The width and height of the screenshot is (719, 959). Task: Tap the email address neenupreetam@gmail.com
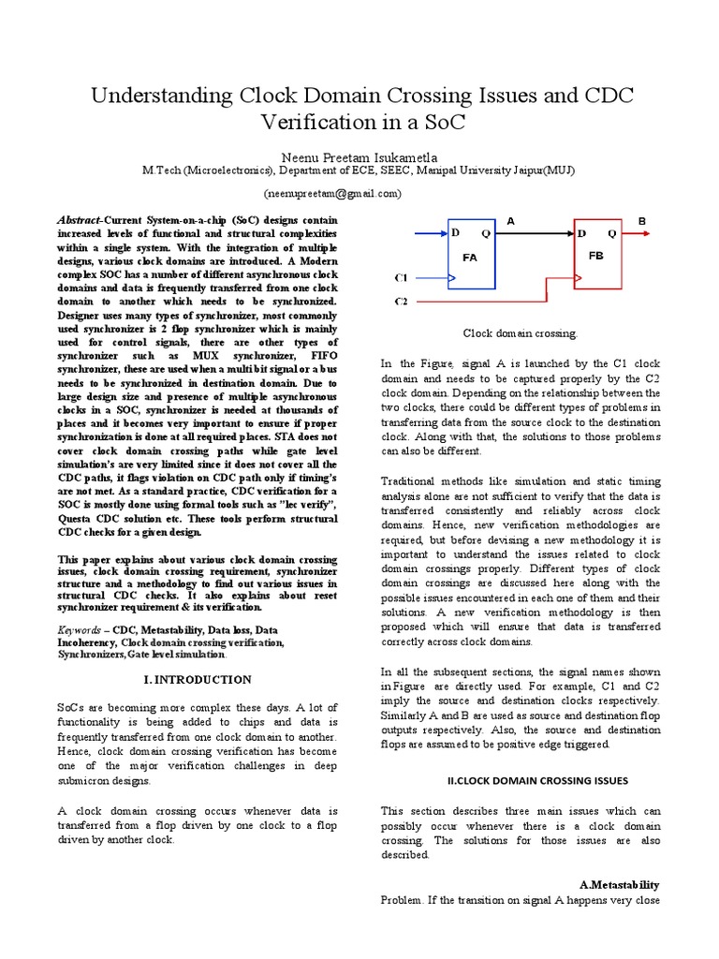tap(359, 193)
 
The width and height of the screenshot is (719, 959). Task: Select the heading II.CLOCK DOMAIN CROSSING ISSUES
tap(535, 780)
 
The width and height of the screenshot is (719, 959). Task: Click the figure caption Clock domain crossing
tap(521, 332)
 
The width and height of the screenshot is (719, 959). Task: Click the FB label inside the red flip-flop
tap(596, 255)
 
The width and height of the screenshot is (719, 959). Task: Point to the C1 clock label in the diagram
tap(402, 278)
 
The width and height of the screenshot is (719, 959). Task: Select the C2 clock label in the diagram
tap(402, 302)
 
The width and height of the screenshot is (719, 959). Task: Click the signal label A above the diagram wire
tap(511, 220)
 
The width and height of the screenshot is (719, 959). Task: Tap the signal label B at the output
tap(642, 220)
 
